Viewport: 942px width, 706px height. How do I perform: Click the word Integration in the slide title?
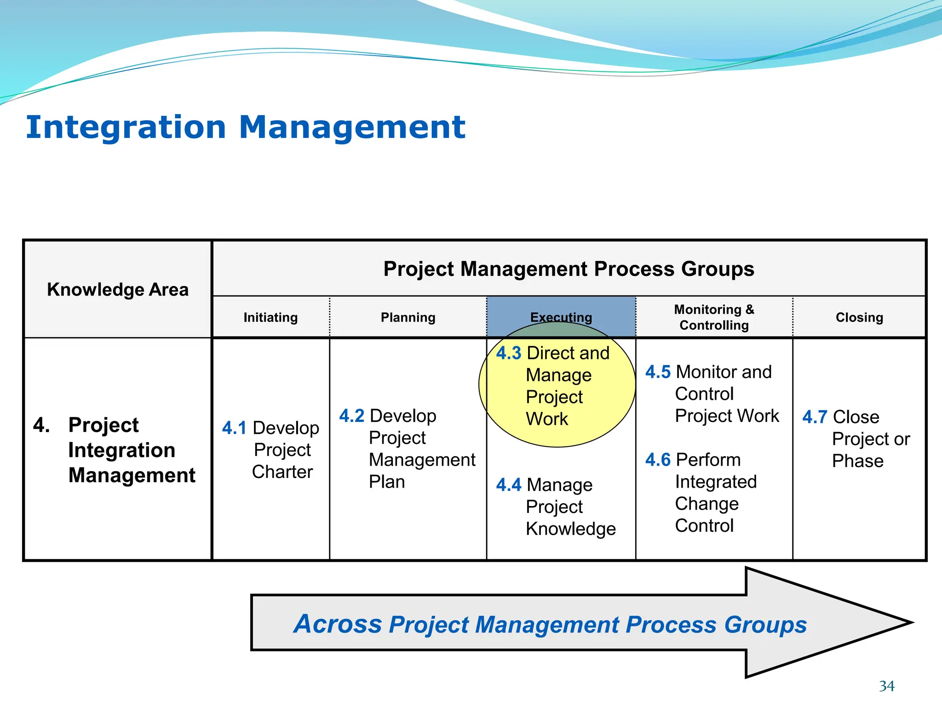[x=126, y=127]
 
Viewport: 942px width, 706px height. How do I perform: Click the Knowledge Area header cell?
[x=118, y=290]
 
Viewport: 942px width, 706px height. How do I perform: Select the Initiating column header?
[x=270, y=317]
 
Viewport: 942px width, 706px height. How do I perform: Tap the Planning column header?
[x=408, y=317]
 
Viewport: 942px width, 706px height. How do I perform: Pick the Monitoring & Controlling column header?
[x=714, y=317]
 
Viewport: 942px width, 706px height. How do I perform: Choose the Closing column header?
[x=859, y=317]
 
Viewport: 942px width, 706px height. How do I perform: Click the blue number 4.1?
[x=234, y=428]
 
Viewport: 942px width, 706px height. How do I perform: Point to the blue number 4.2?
[x=351, y=416]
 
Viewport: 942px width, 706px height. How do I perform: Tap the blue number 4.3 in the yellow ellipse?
[x=508, y=353]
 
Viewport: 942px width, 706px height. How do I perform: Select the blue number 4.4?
[x=508, y=485]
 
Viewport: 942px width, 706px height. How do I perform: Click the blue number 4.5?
[x=658, y=372]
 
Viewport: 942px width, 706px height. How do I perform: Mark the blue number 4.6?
[x=658, y=460]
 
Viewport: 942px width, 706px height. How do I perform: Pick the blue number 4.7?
[x=815, y=417]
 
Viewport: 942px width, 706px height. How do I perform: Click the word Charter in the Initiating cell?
[x=282, y=472]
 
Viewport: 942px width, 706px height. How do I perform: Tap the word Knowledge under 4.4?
[x=570, y=529]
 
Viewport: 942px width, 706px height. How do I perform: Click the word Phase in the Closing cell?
[x=857, y=461]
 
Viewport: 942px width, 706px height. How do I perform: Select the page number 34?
[x=886, y=686]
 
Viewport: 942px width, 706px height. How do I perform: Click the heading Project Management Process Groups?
[x=569, y=269]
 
